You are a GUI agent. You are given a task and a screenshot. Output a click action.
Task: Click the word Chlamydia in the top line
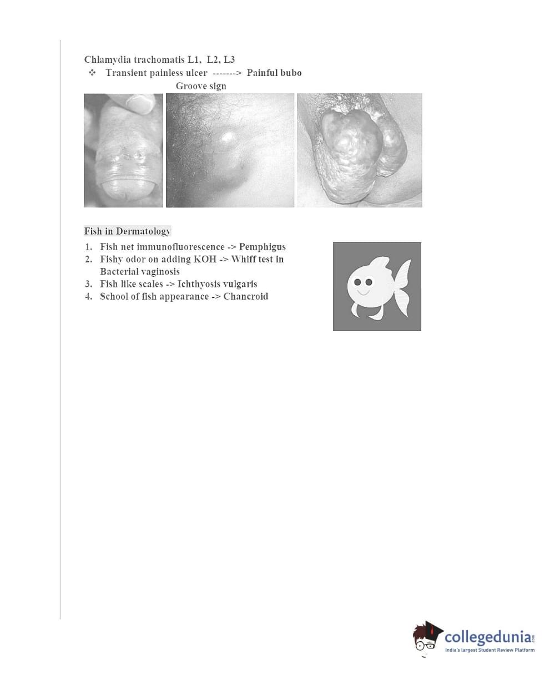pyautogui.click(x=108, y=59)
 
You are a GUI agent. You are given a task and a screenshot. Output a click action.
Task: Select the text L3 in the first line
pyautogui.click(x=229, y=59)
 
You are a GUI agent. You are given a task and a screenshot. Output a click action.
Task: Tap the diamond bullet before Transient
pyautogui.click(x=92, y=73)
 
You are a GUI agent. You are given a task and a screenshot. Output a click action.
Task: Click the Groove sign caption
pyautogui.click(x=201, y=86)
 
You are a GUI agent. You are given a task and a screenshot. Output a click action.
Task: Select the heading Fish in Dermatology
pyautogui.click(x=128, y=231)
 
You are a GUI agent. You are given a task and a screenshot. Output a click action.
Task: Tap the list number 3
pyautogui.click(x=89, y=284)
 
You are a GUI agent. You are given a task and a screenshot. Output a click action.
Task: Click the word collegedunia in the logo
pyautogui.click(x=488, y=636)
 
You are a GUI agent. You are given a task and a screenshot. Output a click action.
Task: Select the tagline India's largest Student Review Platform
pyautogui.click(x=490, y=650)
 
